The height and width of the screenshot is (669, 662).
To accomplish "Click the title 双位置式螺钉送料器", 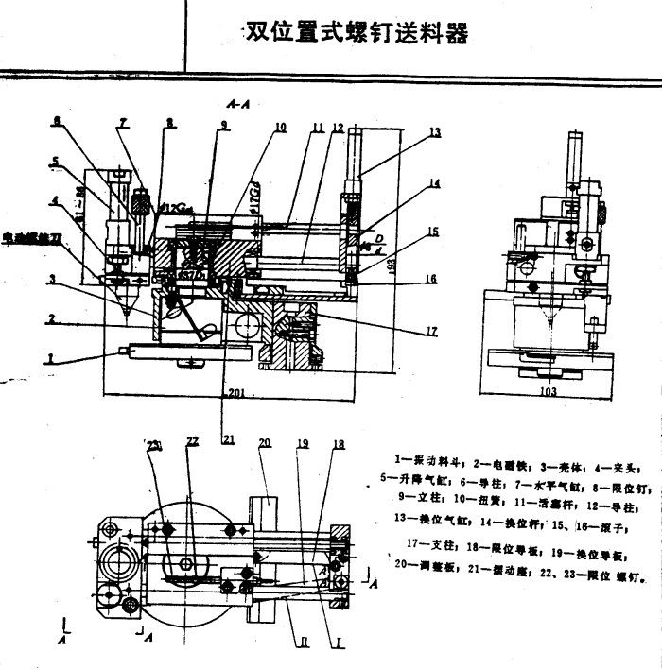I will click(357, 33).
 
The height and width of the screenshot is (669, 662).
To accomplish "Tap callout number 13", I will click(434, 134).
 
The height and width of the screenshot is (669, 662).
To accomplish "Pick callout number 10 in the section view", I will click(280, 128).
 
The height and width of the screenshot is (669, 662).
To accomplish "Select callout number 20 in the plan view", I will click(265, 442).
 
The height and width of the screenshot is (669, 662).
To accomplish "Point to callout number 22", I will click(192, 442).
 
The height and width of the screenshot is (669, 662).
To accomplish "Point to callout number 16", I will click(431, 280).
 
